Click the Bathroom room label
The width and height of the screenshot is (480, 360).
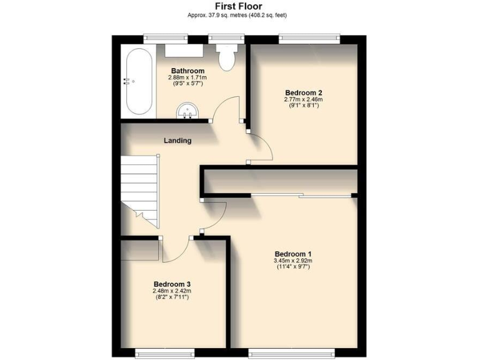(187, 71)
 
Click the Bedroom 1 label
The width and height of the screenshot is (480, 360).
(293, 253)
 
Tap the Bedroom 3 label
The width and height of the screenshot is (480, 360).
(172, 284)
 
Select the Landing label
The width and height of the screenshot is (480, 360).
(177, 141)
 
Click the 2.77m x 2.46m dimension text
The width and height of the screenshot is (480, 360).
(303, 99)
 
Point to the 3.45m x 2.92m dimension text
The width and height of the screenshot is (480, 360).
(293, 261)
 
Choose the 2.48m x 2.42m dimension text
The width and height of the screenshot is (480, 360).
(172, 291)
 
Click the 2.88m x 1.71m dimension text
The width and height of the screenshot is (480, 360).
(187, 77)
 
